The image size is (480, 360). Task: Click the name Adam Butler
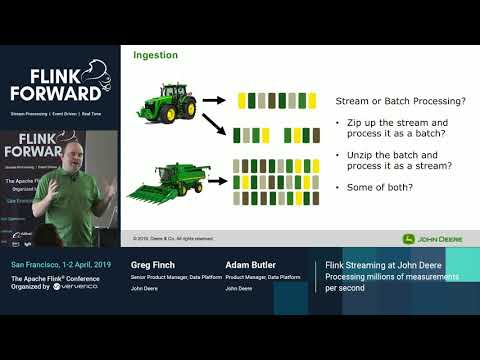(x=251, y=265)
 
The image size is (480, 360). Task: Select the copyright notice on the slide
(x=174, y=238)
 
